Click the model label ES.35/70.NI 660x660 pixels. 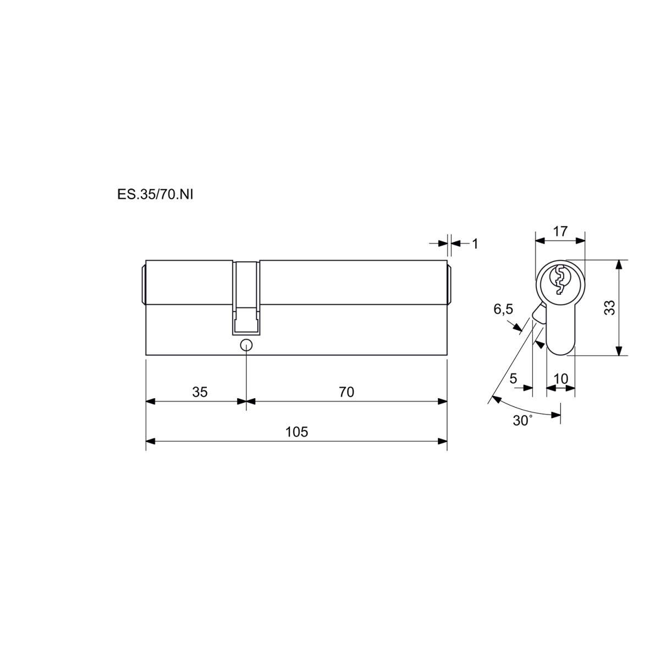(x=155, y=195)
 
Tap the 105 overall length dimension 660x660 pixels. (x=296, y=432)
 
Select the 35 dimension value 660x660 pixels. (x=200, y=392)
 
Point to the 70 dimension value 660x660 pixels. (x=346, y=392)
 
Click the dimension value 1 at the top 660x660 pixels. (x=475, y=244)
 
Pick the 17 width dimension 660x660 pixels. (x=560, y=232)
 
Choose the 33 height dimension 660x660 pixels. (x=609, y=307)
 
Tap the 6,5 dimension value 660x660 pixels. (x=503, y=310)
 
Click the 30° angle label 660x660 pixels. (x=522, y=421)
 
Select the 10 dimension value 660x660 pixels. (x=560, y=379)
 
